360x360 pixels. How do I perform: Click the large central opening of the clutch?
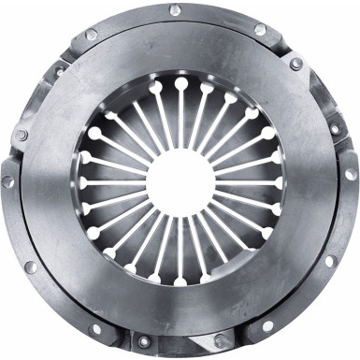[180, 180]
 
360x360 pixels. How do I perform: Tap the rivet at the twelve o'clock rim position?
[175, 10]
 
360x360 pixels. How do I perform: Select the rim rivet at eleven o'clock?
[91, 35]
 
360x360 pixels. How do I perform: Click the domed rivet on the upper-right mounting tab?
[295, 65]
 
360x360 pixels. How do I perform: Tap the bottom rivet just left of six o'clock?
[141, 342]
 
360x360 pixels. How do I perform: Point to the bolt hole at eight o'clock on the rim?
[29, 266]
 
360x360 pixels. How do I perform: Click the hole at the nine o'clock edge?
[8, 180]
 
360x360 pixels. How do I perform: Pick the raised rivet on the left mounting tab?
[21, 135]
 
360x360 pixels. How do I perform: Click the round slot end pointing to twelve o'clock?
[180, 83]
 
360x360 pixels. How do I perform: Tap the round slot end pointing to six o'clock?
[180, 281]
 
